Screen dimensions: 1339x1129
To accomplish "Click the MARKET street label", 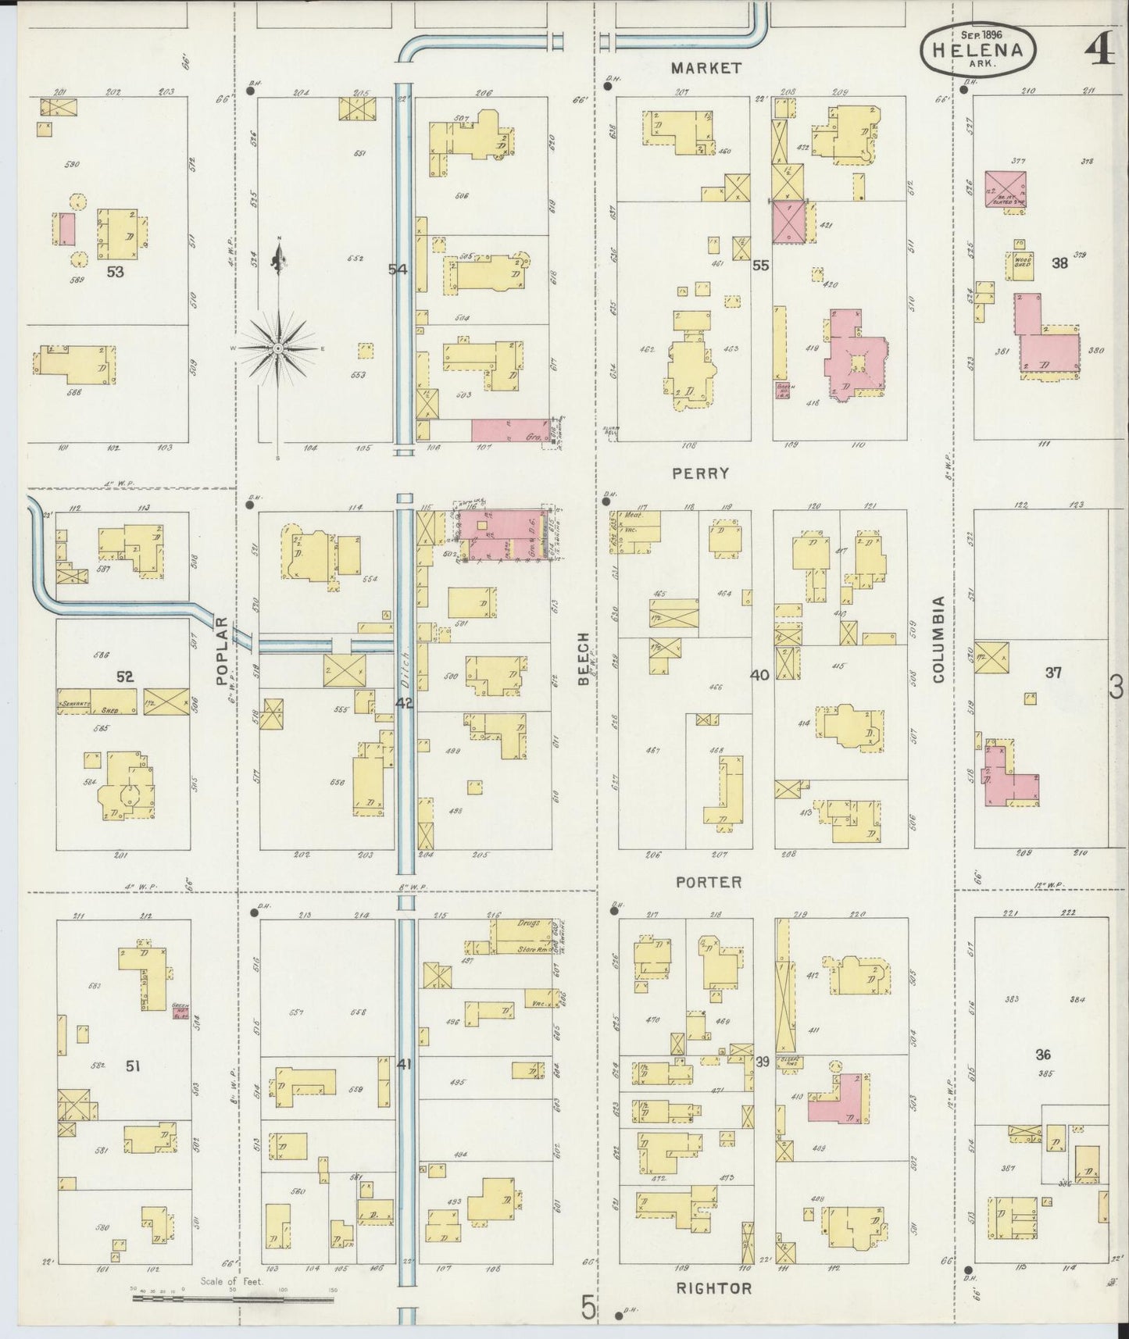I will click(x=706, y=68).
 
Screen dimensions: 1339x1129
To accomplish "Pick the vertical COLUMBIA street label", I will click(x=938, y=639).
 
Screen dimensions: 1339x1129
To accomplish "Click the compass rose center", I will click(x=278, y=347).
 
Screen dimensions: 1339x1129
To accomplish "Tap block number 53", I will click(x=116, y=272).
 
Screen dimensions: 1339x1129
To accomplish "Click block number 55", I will click(x=760, y=266).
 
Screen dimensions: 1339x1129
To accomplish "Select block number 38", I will click(x=1059, y=262).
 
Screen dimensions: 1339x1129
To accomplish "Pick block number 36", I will click(x=1043, y=1055).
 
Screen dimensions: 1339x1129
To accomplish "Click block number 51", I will click(x=133, y=1065).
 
